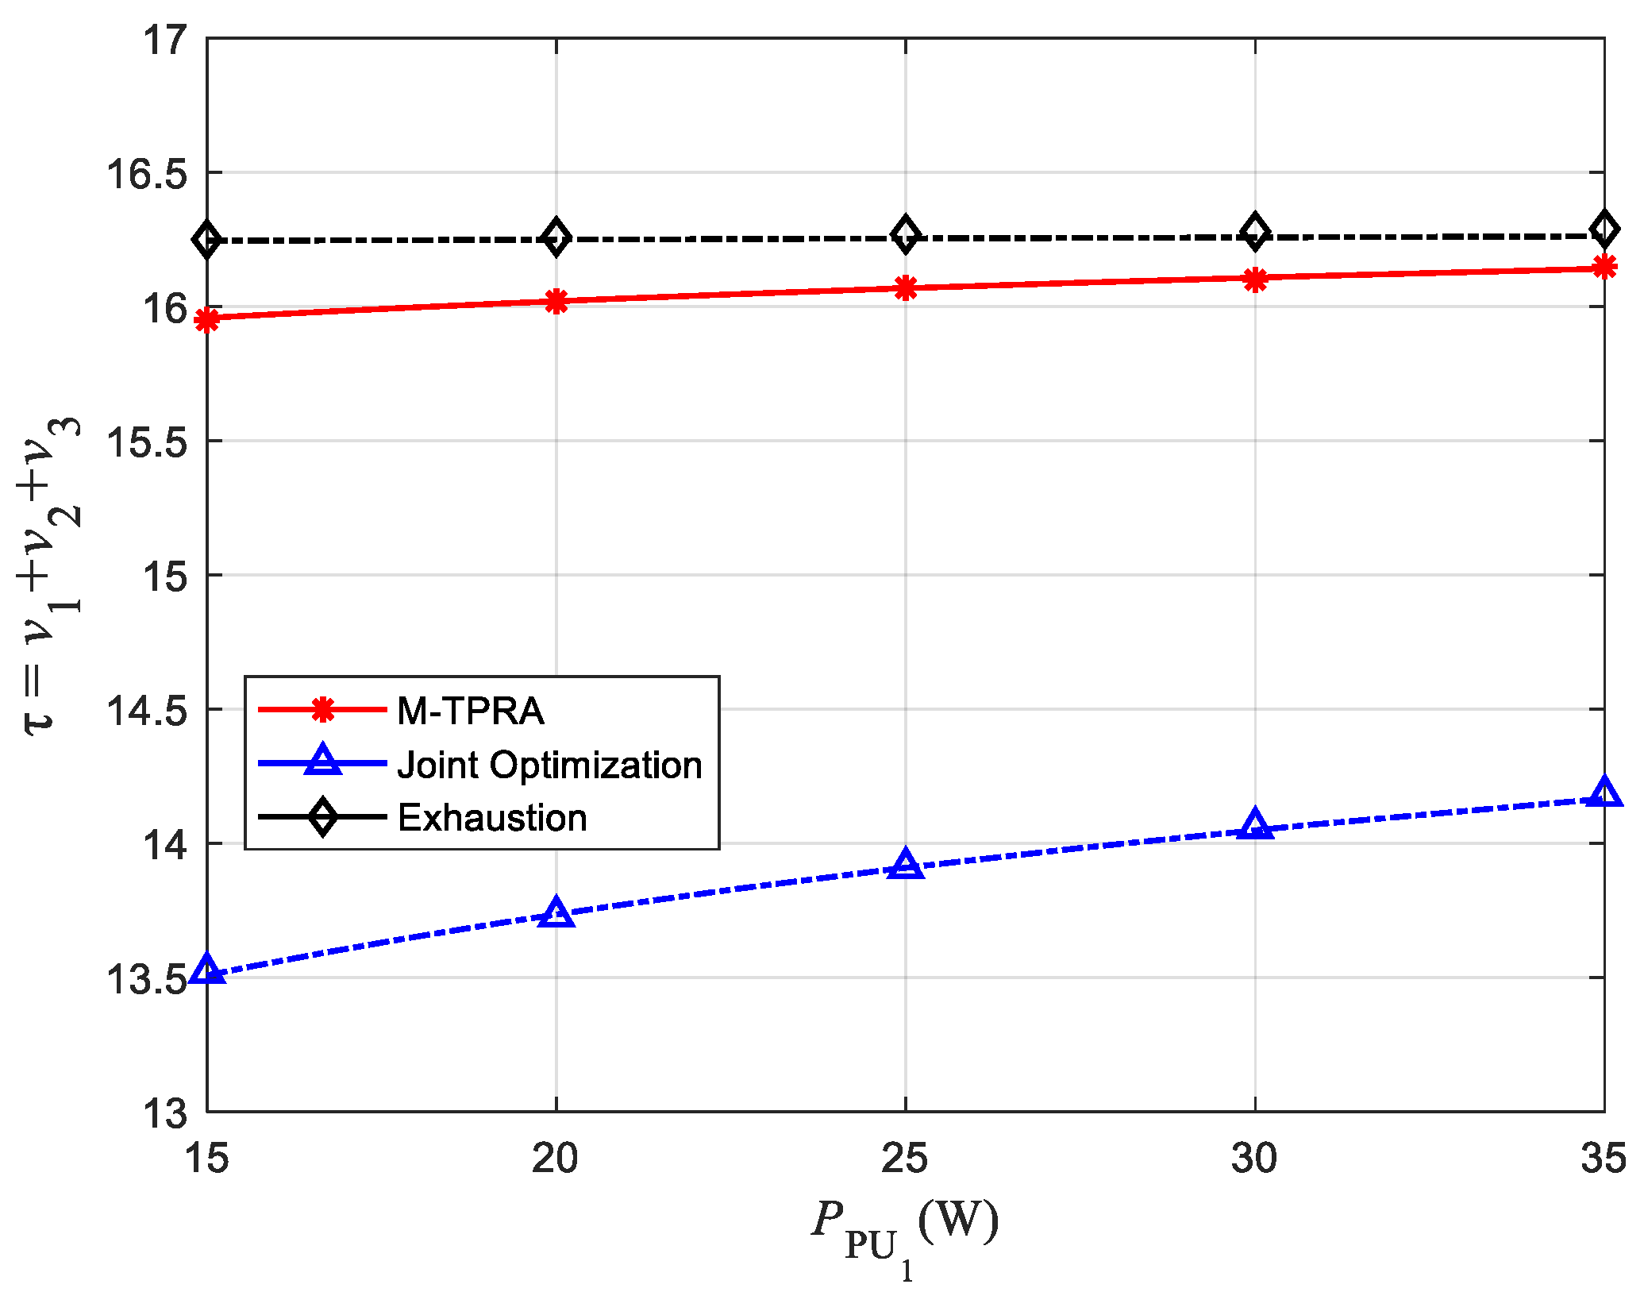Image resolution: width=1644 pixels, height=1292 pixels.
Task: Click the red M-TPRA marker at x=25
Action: (x=905, y=287)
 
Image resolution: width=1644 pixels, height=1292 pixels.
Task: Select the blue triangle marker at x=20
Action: (x=556, y=914)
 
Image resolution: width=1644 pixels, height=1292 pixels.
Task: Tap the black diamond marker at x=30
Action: (x=1254, y=232)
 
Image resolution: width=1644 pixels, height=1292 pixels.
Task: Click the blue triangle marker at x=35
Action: (x=1604, y=793)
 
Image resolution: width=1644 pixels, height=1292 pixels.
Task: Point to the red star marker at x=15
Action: (x=207, y=320)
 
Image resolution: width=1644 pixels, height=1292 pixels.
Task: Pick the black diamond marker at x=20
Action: (x=556, y=237)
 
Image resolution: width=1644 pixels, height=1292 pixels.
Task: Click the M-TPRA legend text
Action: (x=470, y=711)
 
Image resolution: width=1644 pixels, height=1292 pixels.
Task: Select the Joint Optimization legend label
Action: (x=549, y=765)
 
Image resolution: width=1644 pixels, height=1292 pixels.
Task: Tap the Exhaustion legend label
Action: (x=492, y=818)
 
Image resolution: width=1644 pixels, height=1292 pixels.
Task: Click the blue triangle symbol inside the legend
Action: (x=322, y=761)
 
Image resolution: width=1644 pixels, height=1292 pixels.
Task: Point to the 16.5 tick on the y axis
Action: (x=147, y=174)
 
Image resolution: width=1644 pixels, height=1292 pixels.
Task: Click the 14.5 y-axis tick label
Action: (x=147, y=710)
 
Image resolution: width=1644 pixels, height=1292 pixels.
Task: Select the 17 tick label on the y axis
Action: (x=165, y=40)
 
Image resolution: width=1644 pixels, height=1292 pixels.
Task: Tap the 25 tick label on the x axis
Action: (x=905, y=1158)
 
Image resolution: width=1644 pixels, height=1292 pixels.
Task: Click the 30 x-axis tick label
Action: (x=1254, y=1158)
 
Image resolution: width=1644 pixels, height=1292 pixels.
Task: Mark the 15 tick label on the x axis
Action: (x=207, y=1158)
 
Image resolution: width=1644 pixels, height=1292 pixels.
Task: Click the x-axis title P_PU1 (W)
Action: (x=905, y=1227)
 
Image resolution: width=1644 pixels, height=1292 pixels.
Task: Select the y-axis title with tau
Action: (x=52, y=576)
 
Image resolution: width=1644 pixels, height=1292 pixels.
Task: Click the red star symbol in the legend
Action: (x=322, y=709)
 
